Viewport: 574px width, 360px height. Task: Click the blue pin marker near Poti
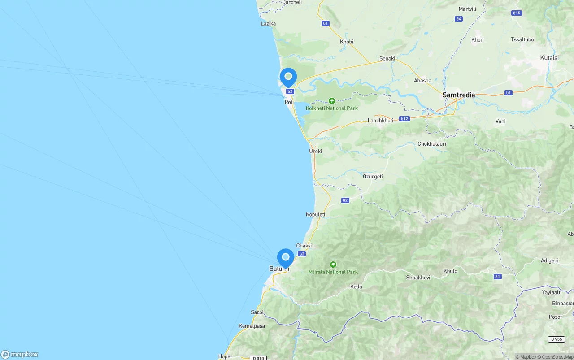coord(288,77)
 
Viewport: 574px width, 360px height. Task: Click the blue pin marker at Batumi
coord(285,258)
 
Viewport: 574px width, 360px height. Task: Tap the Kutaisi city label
coord(549,58)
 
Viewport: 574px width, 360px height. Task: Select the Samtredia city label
coord(458,95)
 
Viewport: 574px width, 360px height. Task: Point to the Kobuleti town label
coord(315,215)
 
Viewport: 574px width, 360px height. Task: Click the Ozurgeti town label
coord(373,177)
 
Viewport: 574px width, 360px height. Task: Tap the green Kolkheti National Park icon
coord(332,101)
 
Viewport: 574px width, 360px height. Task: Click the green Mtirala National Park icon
coord(333,265)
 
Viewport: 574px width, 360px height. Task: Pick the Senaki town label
coord(387,59)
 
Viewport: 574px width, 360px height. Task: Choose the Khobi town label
coord(347,42)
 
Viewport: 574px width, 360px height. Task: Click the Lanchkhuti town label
coord(380,121)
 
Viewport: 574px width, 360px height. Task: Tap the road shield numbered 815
coord(517,13)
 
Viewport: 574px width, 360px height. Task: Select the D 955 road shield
coord(556,339)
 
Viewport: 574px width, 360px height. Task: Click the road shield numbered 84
coord(458,19)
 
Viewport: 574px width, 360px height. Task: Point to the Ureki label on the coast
coord(315,152)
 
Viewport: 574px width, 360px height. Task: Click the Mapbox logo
coord(20,355)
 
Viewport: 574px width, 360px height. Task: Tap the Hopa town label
coord(224,357)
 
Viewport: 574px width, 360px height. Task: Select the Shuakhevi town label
coord(418,278)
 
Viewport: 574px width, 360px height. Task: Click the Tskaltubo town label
coord(522,39)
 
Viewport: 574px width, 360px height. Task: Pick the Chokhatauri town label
coord(432,144)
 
